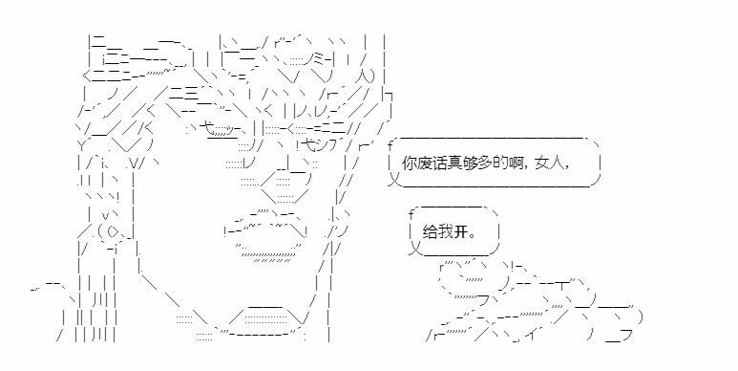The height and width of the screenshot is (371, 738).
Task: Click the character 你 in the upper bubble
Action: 410,164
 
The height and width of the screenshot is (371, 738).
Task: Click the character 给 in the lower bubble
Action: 431,232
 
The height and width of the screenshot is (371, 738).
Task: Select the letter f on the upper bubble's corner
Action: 390,144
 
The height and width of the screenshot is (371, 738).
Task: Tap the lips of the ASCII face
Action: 267,236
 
